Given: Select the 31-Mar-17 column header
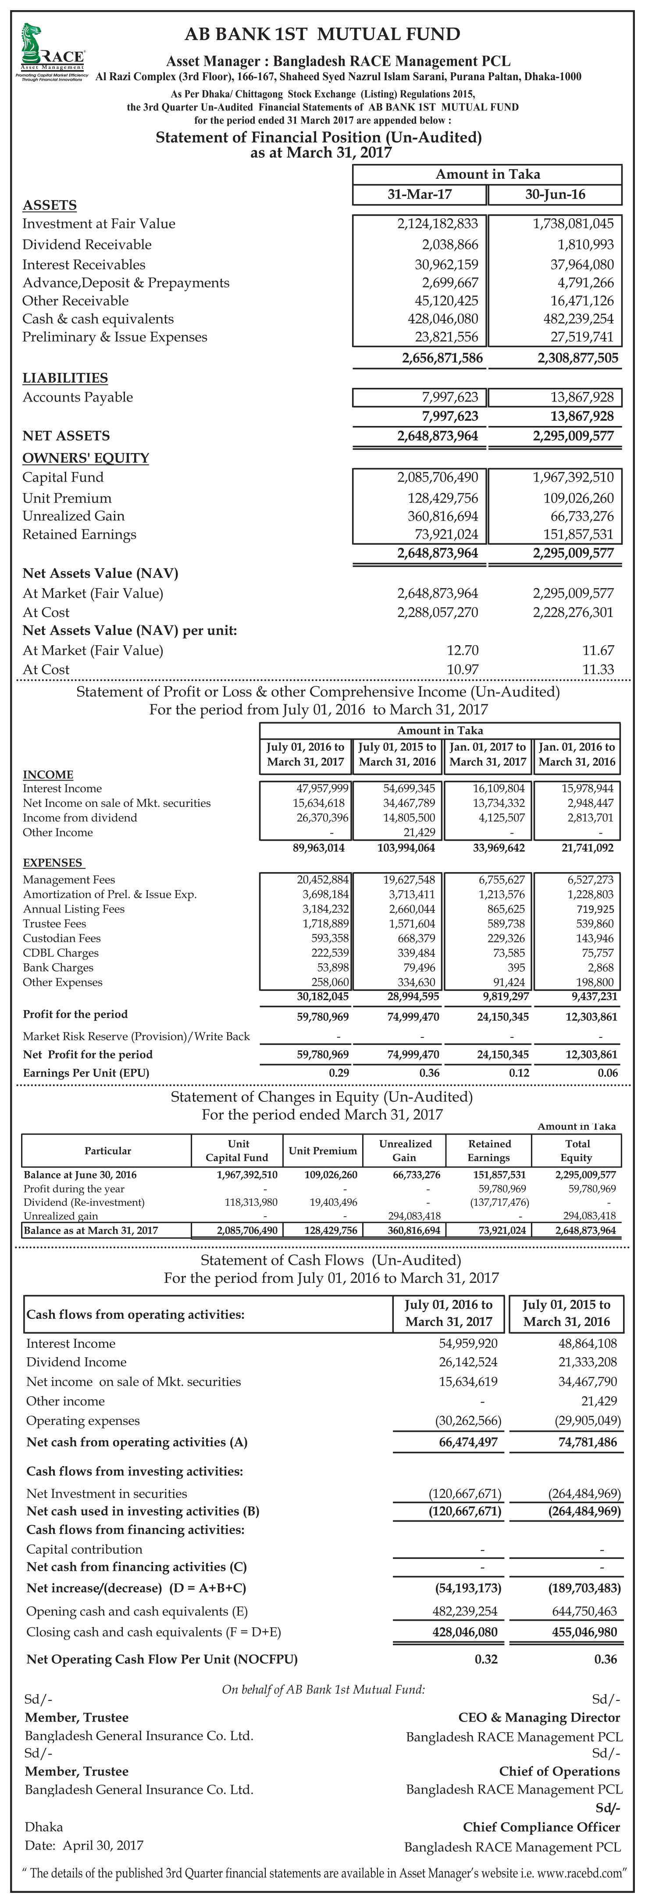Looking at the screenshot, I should [x=420, y=194].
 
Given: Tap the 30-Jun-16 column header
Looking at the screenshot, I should [x=555, y=194].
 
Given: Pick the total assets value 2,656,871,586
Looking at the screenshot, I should [x=442, y=358].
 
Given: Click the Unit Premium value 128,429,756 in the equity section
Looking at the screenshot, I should [x=442, y=498].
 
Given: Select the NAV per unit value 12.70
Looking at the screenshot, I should [x=463, y=650].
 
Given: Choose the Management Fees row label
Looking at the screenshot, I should [x=69, y=879].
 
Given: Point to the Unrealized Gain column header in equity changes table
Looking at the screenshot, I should [x=405, y=1150].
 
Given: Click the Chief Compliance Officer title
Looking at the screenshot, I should [x=541, y=1826].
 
